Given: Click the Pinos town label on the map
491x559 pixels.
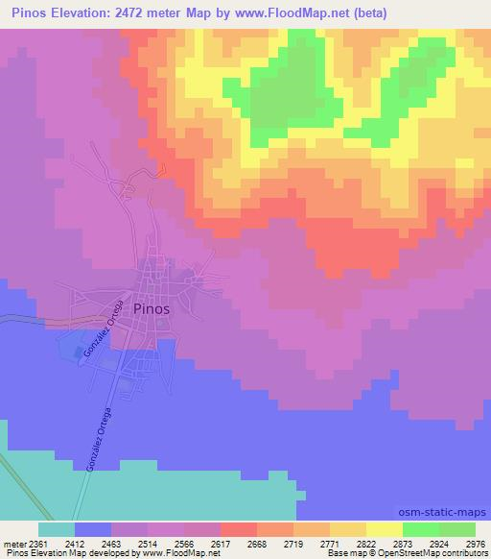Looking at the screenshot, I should coord(152,309).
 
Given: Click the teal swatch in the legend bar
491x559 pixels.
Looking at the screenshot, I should coord(56,529).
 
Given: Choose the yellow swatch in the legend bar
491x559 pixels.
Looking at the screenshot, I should coord(384,529).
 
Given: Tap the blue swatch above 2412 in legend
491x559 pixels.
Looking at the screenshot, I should coord(92,529).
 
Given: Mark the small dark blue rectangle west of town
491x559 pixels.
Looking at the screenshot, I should coord(80,352).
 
